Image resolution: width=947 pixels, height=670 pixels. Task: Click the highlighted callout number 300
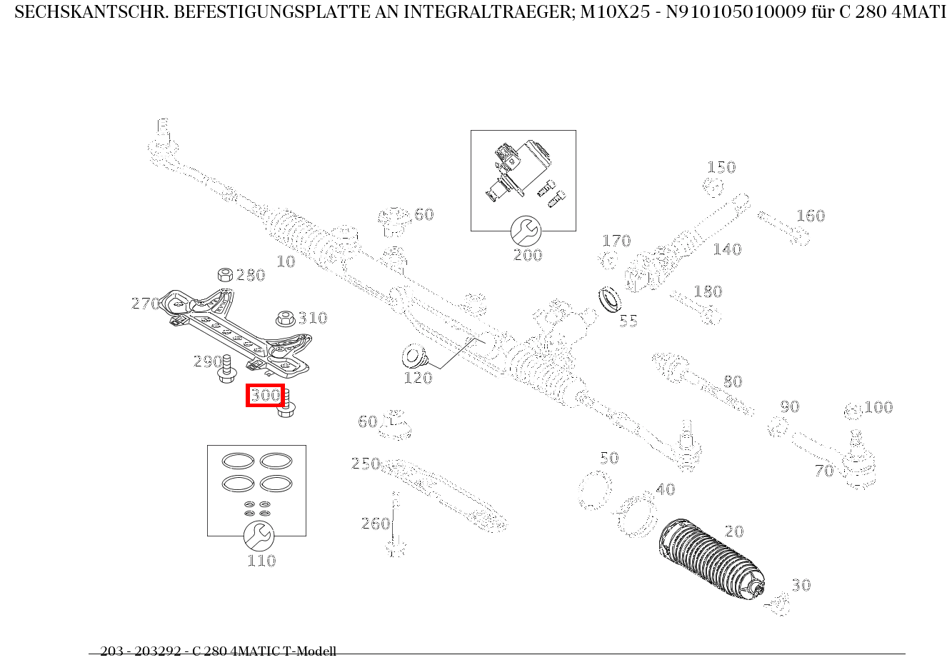(x=265, y=395)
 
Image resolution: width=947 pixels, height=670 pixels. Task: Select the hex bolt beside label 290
(x=227, y=368)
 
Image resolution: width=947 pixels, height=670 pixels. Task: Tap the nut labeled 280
(x=224, y=275)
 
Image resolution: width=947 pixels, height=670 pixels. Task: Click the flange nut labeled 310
(x=285, y=319)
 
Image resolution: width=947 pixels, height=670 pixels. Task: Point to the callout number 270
(x=145, y=304)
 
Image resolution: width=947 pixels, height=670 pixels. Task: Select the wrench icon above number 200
(x=526, y=231)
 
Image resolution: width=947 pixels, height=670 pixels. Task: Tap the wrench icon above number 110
(x=258, y=536)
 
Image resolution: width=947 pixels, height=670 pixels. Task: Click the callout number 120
(x=418, y=379)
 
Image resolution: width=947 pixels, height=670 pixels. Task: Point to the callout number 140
(x=727, y=250)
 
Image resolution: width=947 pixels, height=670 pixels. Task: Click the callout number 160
(x=811, y=216)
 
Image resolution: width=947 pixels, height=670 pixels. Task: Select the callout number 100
(x=878, y=408)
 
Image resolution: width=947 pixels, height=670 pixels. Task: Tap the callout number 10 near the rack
(x=286, y=262)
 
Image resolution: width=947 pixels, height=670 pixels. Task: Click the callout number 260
(x=375, y=524)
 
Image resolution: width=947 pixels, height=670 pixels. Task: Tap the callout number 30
(x=801, y=586)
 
